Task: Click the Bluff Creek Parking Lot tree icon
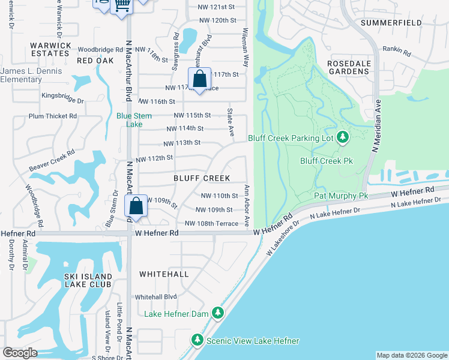pos(343,138)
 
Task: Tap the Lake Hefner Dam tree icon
pos(218,313)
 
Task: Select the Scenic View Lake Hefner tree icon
pos(197,341)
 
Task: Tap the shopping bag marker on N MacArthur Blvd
pos(136,206)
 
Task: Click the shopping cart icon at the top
pos(122,5)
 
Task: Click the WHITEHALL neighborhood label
pos(164,274)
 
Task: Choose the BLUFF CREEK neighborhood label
pos(202,178)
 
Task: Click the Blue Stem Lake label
pos(130,120)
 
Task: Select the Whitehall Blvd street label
pos(155,297)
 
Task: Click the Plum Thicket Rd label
pos(53,116)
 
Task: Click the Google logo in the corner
pos(20,353)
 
